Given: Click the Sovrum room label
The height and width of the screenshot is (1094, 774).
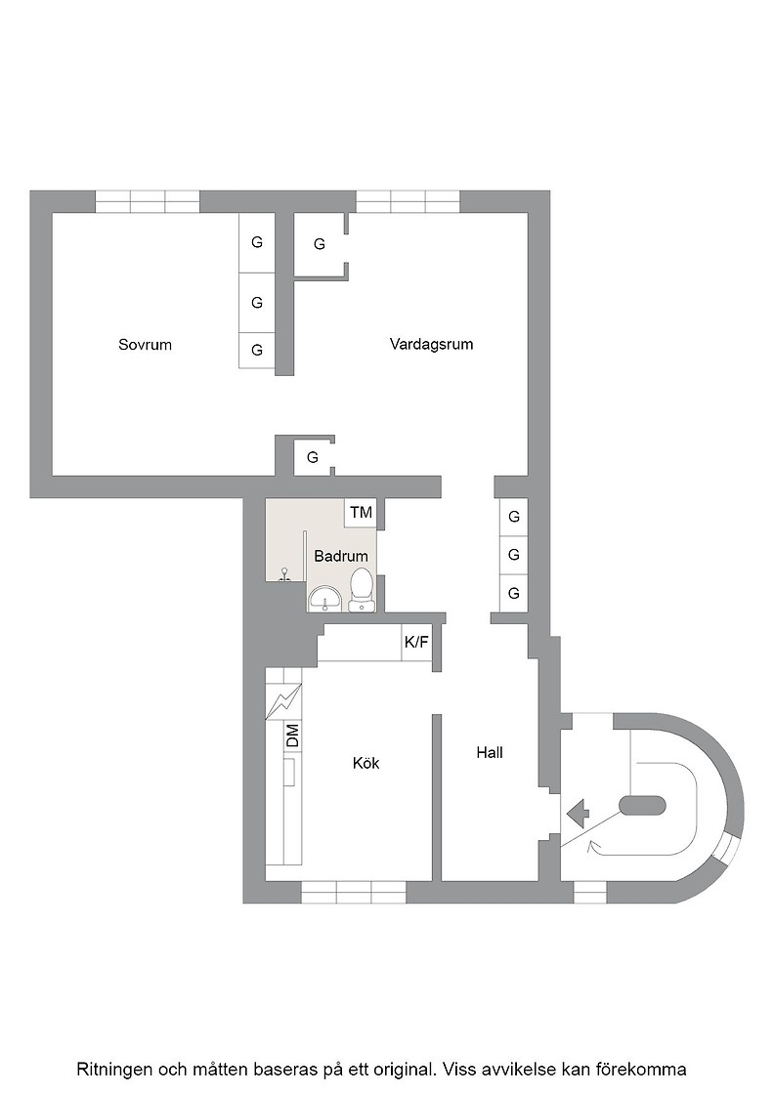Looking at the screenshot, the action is [x=146, y=345].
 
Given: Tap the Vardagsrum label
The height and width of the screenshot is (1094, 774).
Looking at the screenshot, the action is [x=431, y=344].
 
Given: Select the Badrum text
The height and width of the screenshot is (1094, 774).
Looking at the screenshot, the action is [x=341, y=556].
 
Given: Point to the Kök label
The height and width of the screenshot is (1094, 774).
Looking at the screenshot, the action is [x=365, y=763].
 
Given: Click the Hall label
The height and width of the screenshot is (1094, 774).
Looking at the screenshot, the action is [x=490, y=752].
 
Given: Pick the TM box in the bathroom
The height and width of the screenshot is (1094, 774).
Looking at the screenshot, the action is [x=361, y=513].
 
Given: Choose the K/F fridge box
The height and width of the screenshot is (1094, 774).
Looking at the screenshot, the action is [x=416, y=642].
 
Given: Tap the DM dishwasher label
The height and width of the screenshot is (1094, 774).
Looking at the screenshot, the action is [x=292, y=736].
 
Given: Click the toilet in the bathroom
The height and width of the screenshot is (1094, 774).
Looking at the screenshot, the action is [x=361, y=590].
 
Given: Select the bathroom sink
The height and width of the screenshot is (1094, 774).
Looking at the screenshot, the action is [x=325, y=599].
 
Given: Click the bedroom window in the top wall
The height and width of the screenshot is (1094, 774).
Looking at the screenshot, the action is [x=148, y=201].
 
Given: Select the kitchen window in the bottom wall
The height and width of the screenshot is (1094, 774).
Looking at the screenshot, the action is [x=353, y=893].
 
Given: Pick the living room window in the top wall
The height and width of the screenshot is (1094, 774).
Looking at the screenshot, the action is [x=408, y=201].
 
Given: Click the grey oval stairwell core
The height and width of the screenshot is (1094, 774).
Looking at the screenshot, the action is [x=643, y=805].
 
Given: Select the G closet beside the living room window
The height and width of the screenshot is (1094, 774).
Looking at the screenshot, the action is [x=319, y=244].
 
